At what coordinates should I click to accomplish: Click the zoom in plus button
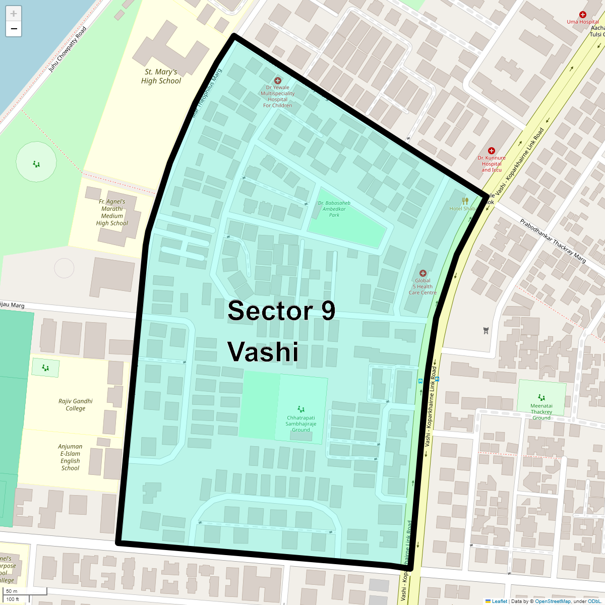click(x=14, y=14)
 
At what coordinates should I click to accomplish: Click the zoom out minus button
click(x=14, y=29)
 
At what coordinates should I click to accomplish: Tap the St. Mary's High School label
click(x=161, y=76)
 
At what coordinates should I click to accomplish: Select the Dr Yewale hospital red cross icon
click(x=277, y=81)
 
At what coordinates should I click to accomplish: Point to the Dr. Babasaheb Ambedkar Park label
click(x=334, y=209)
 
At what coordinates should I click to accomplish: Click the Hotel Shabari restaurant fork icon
click(x=465, y=201)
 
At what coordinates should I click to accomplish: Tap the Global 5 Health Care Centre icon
click(x=422, y=273)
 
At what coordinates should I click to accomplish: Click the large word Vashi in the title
click(x=263, y=352)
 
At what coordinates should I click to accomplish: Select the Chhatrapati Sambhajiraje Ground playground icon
click(x=301, y=409)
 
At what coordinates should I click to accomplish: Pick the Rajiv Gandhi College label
click(x=76, y=405)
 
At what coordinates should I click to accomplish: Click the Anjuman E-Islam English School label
click(x=70, y=457)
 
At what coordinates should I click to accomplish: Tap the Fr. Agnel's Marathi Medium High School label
click(x=112, y=212)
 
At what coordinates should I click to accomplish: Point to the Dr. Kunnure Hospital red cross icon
click(x=492, y=151)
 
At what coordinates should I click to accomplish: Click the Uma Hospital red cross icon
click(x=583, y=15)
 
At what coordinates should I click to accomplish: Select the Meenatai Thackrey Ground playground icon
click(x=541, y=397)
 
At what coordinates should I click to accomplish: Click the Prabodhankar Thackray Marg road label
click(x=553, y=241)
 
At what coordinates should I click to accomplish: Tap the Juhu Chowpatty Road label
click(x=68, y=49)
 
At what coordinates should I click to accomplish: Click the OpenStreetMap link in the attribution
click(x=553, y=601)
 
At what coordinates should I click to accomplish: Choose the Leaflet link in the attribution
click(x=499, y=601)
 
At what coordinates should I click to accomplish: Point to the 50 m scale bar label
click(x=12, y=591)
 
